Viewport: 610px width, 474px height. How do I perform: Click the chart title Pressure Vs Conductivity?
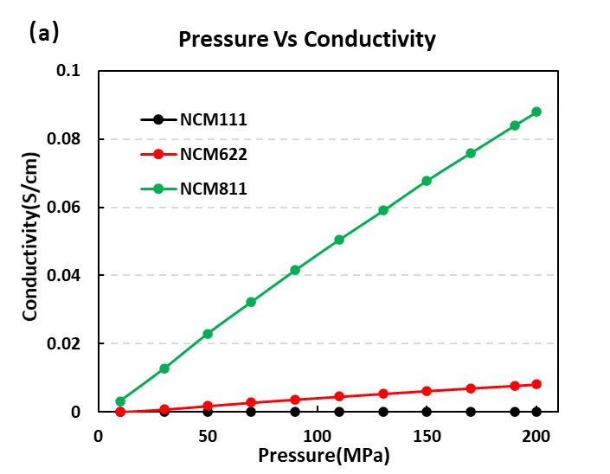pos(306,40)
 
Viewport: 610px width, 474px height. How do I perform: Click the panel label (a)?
pos(44,33)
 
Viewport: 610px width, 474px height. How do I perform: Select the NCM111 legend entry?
pos(213,119)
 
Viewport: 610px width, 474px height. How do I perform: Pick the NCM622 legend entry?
pos(213,154)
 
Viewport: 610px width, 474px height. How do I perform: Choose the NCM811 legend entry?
pos(213,188)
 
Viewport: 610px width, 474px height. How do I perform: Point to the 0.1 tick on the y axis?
pos(68,70)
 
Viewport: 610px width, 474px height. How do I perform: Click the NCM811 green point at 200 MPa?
pos(536,112)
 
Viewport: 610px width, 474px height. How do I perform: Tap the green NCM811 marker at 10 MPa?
pos(120,401)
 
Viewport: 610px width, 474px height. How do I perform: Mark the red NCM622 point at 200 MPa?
pos(536,384)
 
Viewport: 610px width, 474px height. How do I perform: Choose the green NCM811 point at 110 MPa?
pos(339,240)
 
